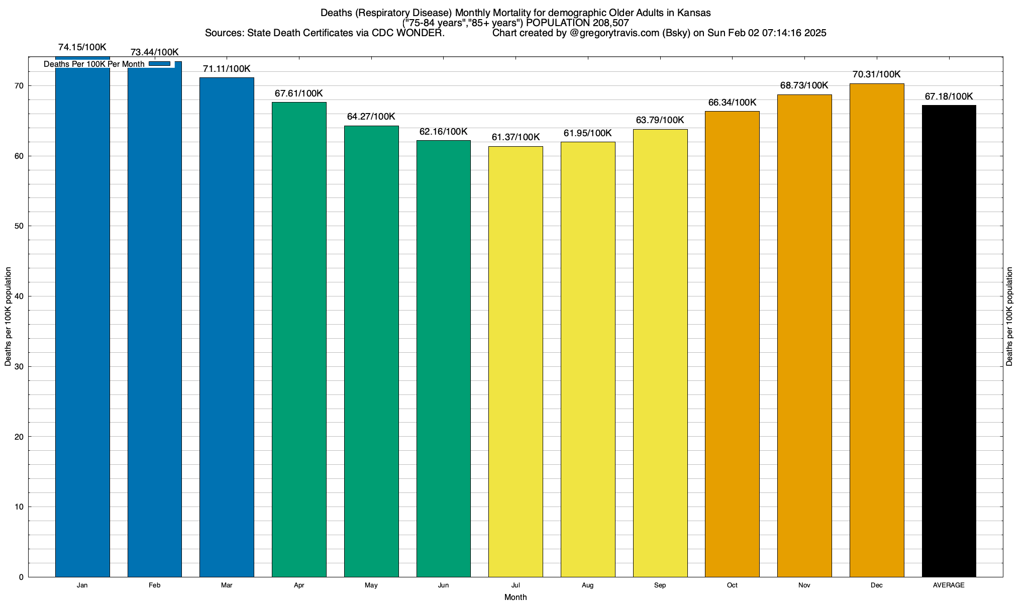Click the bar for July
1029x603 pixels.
pos(516,361)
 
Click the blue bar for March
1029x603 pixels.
pos(227,327)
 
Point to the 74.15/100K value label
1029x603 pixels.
pos(82,47)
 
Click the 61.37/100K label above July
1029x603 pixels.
pos(516,137)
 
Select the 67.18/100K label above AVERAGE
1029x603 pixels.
pos(949,96)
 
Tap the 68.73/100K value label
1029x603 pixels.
pos(804,85)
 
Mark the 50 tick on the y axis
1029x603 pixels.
pos(20,226)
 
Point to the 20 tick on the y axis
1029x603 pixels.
pos(20,437)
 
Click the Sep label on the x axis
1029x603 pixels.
pos(660,585)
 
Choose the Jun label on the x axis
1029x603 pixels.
pos(443,585)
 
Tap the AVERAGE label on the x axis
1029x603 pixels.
pos(949,585)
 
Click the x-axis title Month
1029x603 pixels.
pos(516,597)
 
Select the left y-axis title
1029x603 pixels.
pos(8,317)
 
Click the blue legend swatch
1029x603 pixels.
pos(160,64)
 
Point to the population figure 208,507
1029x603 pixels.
pos(608,23)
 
